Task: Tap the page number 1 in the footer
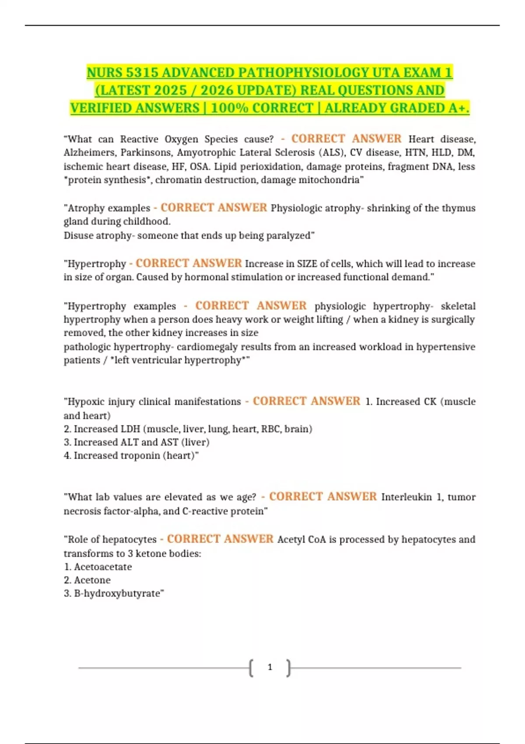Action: click(x=270, y=667)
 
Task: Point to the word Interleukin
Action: click(x=406, y=497)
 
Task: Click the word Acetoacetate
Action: click(x=103, y=567)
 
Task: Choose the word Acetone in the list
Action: click(x=92, y=580)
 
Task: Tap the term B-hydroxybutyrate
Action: click(x=118, y=593)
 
